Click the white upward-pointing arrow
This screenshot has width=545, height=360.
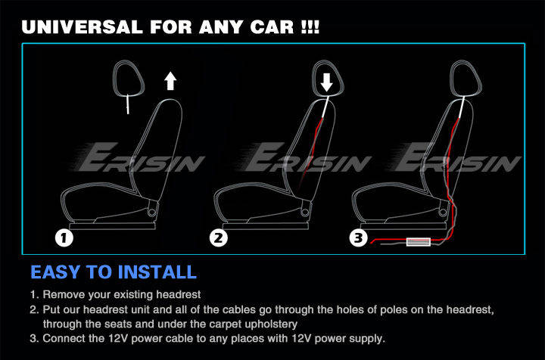pyautogui.click(x=170, y=81)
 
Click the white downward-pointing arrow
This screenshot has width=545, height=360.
pyautogui.click(x=326, y=82)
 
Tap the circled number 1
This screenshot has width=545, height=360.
pyautogui.click(x=64, y=238)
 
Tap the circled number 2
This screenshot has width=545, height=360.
pyautogui.click(x=219, y=238)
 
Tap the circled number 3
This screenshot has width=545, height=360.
pyautogui.click(x=358, y=238)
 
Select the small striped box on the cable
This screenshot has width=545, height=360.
pyautogui.click(x=419, y=241)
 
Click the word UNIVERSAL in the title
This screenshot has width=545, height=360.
pyautogui.click(x=82, y=27)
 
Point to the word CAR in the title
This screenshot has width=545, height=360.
pyautogui.click(x=272, y=27)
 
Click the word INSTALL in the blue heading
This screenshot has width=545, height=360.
pyautogui.click(x=160, y=272)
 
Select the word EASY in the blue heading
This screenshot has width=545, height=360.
pyautogui.click(x=55, y=272)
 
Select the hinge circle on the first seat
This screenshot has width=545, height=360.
pyautogui.click(x=152, y=212)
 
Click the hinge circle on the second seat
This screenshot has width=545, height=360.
pyautogui.click(x=305, y=212)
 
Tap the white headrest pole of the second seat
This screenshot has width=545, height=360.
pyautogui.click(x=325, y=107)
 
